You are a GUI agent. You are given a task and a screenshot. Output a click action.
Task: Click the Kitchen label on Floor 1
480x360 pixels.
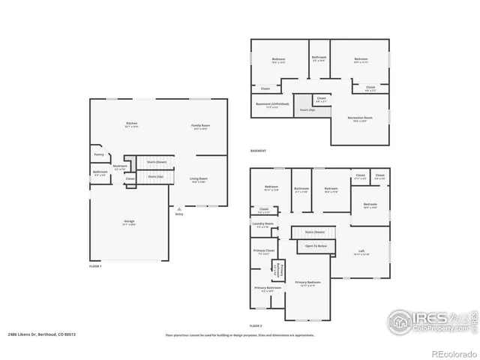tap(131, 124)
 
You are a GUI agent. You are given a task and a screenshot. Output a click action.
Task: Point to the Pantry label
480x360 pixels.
tap(99, 154)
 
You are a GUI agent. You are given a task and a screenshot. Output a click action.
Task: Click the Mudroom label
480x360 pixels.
tap(120, 166)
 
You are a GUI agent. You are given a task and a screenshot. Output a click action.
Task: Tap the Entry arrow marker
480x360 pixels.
tap(178, 208)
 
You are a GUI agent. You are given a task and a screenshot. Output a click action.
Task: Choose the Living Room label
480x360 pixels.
tap(199, 179)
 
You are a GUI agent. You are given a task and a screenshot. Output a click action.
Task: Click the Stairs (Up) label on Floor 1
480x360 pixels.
tap(156, 177)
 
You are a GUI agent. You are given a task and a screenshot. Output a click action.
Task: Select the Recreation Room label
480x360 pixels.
tap(361, 118)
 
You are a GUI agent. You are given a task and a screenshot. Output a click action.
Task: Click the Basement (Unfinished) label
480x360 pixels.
tap(271, 104)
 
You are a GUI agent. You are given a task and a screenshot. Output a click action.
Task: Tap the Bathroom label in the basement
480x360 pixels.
tap(319, 58)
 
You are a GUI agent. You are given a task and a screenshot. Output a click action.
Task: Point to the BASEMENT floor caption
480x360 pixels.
tap(258, 151)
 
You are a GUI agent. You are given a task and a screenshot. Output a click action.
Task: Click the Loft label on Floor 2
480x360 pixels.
tap(361, 251)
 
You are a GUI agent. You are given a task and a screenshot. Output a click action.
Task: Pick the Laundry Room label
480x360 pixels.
tap(263, 224)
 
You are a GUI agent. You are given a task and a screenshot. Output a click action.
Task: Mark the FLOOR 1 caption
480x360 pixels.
tap(95, 266)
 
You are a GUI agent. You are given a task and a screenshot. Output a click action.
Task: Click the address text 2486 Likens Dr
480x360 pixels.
tap(30, 334)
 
